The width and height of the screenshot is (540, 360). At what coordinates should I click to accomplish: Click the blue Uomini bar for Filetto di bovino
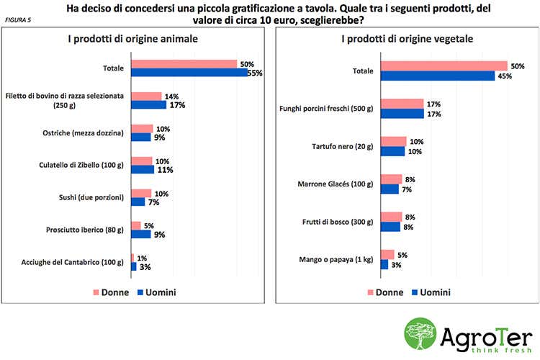pyautogui.click(x=148, y=104)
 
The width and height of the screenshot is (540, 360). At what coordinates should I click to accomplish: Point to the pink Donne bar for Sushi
pyautogui.click(x=141, y=193)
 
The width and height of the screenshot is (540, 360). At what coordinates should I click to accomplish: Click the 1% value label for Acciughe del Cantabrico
pyautogui.click(x=142, y=257)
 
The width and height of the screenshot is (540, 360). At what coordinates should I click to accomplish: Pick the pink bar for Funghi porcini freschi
pyautogui.click(x=402, y=104)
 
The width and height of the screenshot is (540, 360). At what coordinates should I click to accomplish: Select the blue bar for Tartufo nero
pyautogui.click(x=392, y=151)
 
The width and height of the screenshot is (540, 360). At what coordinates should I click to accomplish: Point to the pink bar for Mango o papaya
pyautogui.click(x=387, y=254)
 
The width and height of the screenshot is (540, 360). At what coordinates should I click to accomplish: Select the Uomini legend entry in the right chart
pyautogui.click(x=431, y=292)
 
